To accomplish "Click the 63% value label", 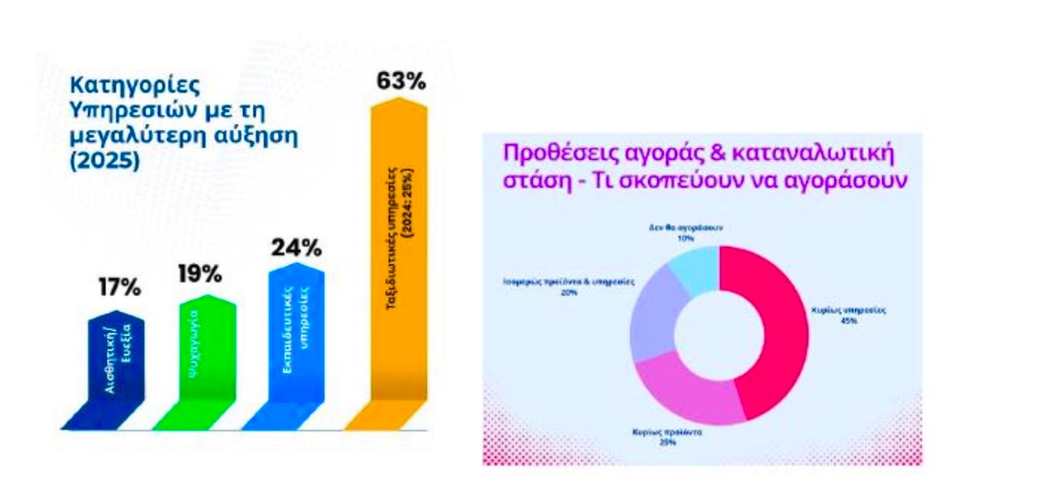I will click(400, 83).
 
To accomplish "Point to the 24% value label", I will click(296, 246).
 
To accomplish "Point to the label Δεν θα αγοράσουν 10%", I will click(686, 234).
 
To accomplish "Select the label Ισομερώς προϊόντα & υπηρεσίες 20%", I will click(566, 286).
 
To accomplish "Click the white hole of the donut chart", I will click(719, 334).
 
